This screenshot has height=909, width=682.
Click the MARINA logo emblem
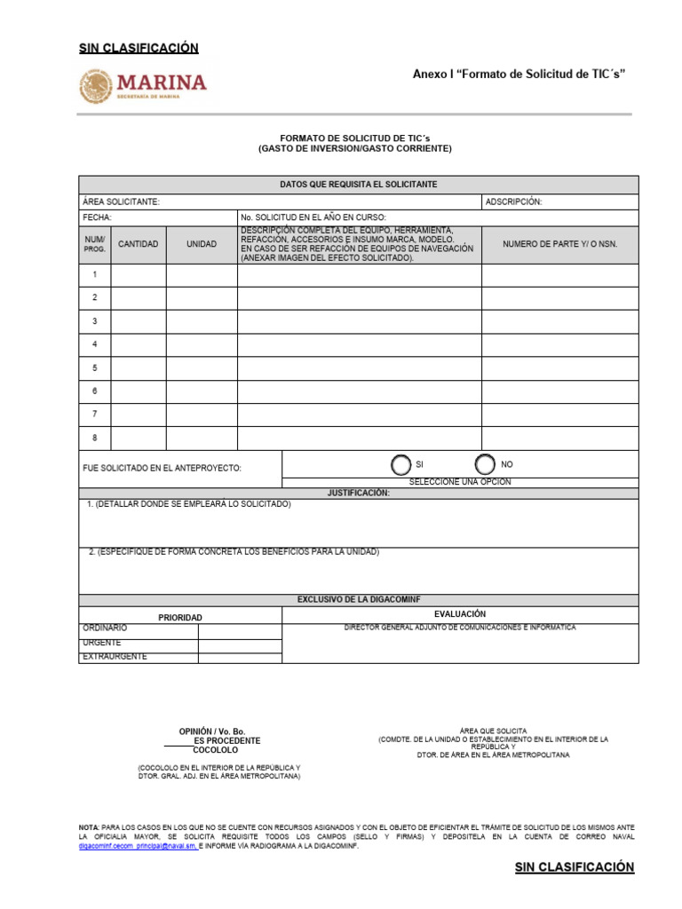[97, 86]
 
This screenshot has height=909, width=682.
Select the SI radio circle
[400, 464]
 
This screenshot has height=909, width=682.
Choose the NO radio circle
[485, 464]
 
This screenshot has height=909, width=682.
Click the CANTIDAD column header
[139, 244]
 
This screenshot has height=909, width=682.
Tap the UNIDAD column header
[201, 244]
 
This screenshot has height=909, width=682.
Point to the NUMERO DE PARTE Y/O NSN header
[559, 244]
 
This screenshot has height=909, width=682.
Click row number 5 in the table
[95, 368]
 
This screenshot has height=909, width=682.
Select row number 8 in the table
[95, 438]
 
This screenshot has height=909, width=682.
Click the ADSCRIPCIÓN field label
[513, 202]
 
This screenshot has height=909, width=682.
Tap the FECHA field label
[97, 217]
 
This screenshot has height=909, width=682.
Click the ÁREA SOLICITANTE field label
[121, 202]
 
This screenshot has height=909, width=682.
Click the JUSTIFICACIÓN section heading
[358, 493]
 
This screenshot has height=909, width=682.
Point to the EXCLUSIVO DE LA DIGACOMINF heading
[358, 600]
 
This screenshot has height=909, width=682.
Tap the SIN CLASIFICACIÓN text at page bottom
[574, 867]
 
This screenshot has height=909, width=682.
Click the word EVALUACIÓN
[460, 614]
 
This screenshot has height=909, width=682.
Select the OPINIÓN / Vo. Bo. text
[211, 731]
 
